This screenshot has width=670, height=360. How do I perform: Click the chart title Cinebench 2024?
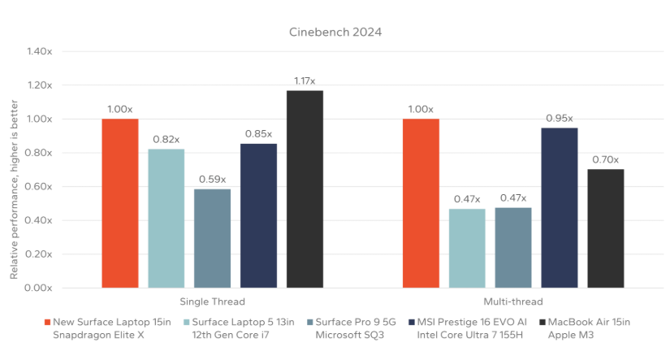(335, 33)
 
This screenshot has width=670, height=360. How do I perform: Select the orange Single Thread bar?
(120, 203)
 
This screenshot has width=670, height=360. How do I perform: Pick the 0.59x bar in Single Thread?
(212, 238)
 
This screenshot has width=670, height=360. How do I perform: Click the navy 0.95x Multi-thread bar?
(560, 207)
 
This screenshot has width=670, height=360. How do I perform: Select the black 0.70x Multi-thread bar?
(606, 228)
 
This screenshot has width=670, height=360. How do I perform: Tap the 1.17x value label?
(305, 80)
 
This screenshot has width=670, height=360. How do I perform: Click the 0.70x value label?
(606, 159)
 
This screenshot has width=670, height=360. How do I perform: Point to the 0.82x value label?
(166, 139)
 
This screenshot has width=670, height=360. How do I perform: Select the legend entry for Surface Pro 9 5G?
(357, 328)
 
